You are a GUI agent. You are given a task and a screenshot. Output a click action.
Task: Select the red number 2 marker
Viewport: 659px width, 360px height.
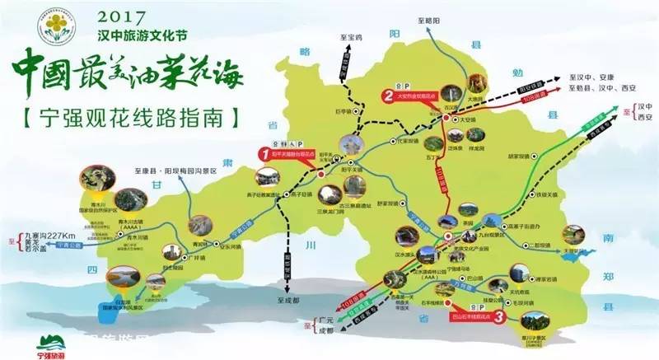pyautogui.click(x=386, y=96)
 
